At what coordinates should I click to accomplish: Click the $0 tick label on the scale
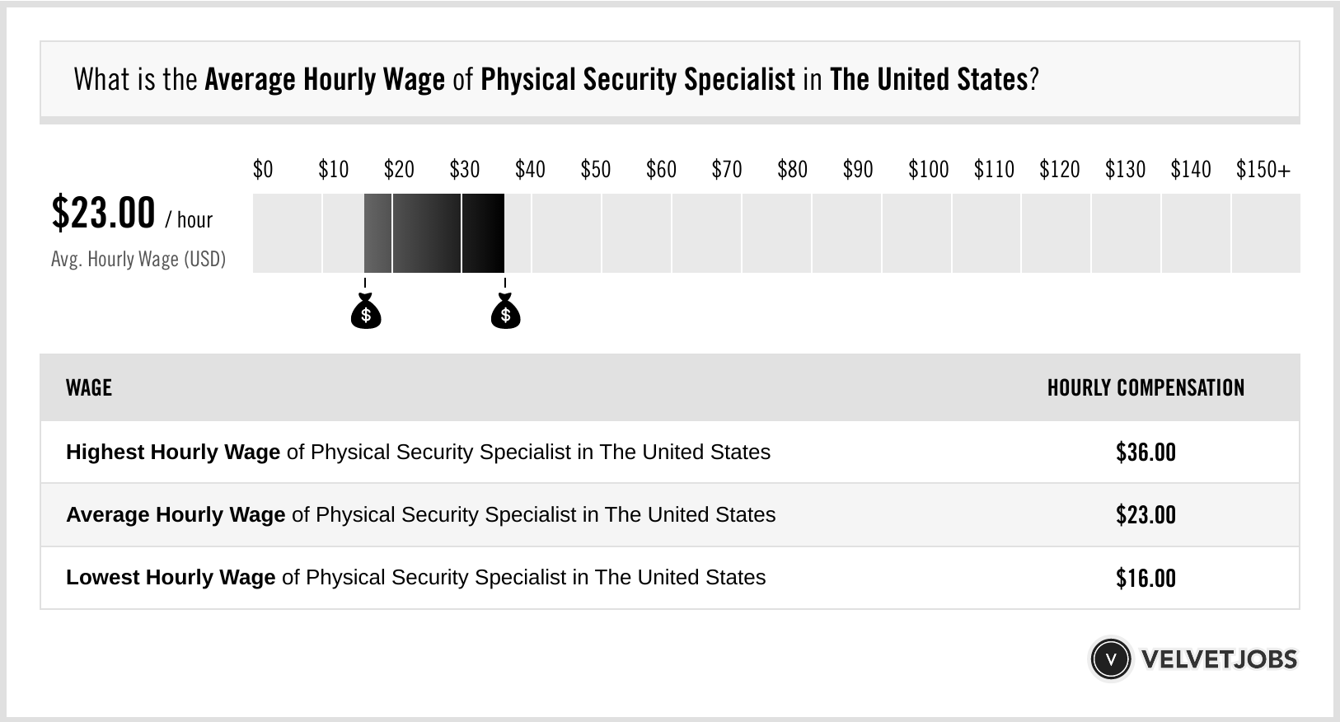(262, 170)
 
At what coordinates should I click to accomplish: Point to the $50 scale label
(595, 170)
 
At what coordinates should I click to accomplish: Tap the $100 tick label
(928, 170)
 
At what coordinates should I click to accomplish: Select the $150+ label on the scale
(1263, 170)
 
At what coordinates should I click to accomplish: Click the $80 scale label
(792, 170)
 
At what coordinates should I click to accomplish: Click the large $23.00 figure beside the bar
(103, 213)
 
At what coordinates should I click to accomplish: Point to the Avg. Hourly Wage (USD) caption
(138, 259)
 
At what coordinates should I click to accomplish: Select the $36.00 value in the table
(1146, 452)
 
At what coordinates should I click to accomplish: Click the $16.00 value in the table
(1146, 578)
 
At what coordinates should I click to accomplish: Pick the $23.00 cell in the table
(1146, 515)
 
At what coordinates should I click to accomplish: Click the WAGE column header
(89, 388)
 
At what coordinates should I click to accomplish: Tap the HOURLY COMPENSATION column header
(1146, 388)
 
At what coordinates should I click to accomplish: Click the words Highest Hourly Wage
(173, 452)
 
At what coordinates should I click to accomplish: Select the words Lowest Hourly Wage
(171, 578)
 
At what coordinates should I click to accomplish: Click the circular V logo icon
(1110, 659)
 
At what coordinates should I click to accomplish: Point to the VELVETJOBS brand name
(1219, 659)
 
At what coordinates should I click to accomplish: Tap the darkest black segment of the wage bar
(483, 233)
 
